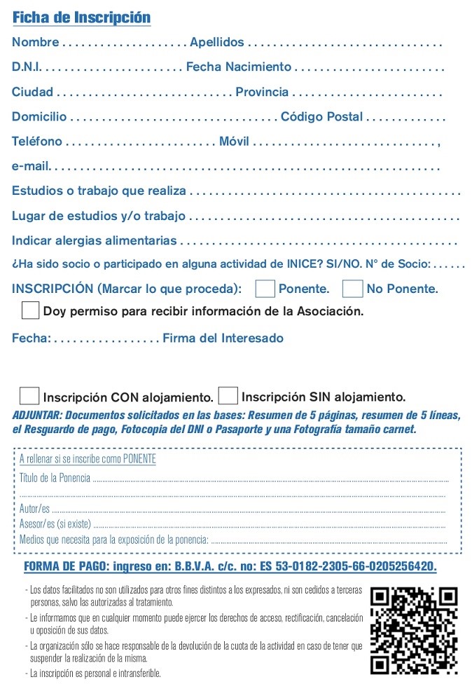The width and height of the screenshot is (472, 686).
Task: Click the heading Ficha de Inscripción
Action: pyautogui.click(x=81, y=18)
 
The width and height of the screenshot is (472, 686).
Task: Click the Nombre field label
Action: pyautogui.click(x=35, y=43)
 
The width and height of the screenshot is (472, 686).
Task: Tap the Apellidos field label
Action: pyautogui.click(x=217, y=43)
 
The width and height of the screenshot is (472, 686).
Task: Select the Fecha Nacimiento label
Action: pyautogui.click(x=238, y=67)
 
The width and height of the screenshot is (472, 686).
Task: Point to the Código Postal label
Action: pyautogui.click(x=321, y=117)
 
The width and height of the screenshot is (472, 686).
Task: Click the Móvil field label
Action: pyautogui.click(x=234, y=142)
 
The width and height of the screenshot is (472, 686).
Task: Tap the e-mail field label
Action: pyautogui.click(x=30, y=167)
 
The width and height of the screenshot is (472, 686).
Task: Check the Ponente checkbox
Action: pyautogui.click(x=265, y=289)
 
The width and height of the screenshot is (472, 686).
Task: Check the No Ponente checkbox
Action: pyautogui.click(x=353, y=289)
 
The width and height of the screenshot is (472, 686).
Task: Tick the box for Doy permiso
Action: pyautogui.click(x=30, y=310)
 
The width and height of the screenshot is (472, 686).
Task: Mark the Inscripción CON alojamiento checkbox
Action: pyautogui.click(x=29, y=397)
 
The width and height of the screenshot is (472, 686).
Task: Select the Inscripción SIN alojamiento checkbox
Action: pyautogui.click(x=228, y=397)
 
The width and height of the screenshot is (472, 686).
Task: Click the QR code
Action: pyautogui.click(x=414, y=630)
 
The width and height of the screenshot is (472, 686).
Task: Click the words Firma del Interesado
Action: pyautogui.click(x=223, y=338)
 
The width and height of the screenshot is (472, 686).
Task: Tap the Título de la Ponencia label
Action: pyautogui.click(x=55, y=479)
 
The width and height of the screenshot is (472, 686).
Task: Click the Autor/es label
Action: pyautogui.click(x=34, y=509)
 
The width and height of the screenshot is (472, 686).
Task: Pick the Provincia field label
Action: pyautogui.click(x=262, y=92)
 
